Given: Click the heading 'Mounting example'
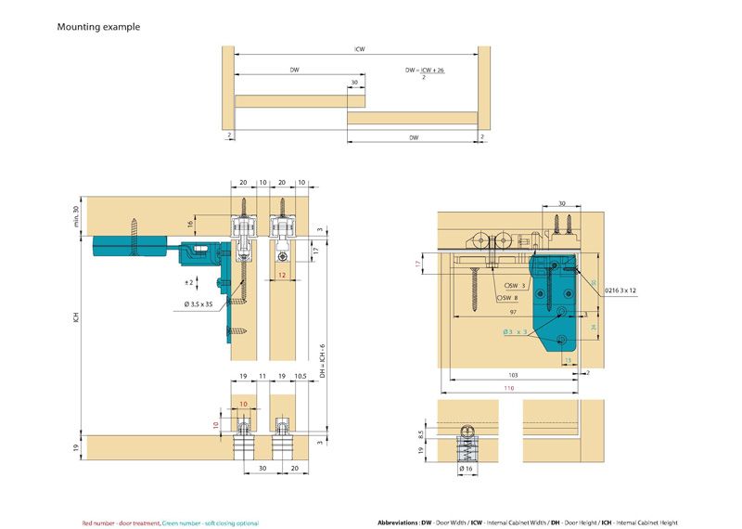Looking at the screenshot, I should (98, 27).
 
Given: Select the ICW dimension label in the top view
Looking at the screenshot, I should (358, 50).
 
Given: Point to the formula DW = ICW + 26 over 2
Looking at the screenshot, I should (427, 72).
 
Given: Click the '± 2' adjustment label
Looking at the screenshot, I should (188, 281).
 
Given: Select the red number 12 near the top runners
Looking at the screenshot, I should (281, 276).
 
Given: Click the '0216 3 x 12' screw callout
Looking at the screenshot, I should (621, 290).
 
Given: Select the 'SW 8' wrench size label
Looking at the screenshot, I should (508, 298).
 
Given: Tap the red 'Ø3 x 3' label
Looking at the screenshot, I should (516, 331).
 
